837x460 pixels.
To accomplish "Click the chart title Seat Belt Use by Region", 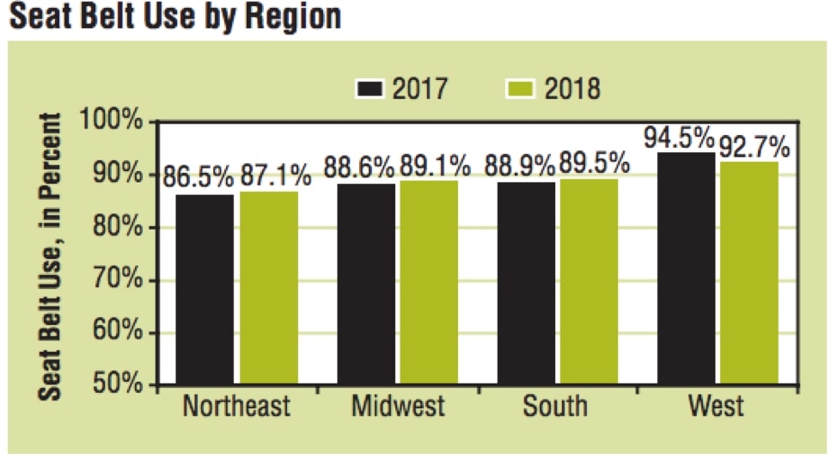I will tap(175, 16).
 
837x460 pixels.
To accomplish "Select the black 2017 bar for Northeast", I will tap(205, 289).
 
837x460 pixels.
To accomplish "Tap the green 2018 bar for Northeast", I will tap(269, 287).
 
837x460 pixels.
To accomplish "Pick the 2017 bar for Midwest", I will tap(366, 284).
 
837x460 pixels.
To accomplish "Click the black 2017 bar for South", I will tap(526, 283).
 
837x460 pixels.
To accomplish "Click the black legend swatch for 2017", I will tap(370, 89).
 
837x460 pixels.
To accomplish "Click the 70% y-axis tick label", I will tap(116, 280).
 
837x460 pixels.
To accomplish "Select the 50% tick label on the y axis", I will tap(116, 384).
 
